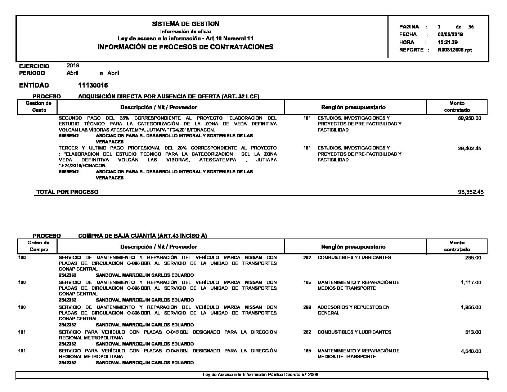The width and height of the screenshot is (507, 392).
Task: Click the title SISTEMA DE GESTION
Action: (x=185, y=24)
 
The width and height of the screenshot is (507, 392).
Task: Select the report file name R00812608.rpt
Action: (x=455, y=50)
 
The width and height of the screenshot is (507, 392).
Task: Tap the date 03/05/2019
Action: (x=450, y=35)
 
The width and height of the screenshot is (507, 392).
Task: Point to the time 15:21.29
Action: (x=448, y=42)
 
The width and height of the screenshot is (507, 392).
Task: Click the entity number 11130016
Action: (x=93, y=85)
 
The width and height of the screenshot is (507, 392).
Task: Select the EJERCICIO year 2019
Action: (x=73, y=66)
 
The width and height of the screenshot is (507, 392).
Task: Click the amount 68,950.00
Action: (x=470, y=118)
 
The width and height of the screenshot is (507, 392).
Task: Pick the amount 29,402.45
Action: (x=470, y=148)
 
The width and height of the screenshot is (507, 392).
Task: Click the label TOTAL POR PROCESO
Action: (x=67, y=192)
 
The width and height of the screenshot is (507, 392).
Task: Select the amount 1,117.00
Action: (x=471, y=283)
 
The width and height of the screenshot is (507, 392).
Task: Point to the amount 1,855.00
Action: (x=471, y=308)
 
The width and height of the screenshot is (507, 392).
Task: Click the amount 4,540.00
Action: (x=471, y=351)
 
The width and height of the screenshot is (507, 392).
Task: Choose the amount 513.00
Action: (x=473, y=333)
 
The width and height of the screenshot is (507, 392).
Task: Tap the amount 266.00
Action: (x=473, y=258)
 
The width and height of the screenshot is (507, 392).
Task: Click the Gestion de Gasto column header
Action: (x=39, y=107)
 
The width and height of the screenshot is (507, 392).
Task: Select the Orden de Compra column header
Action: (x=39, y=246)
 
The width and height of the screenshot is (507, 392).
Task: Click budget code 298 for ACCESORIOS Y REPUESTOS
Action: (x=307, y=307)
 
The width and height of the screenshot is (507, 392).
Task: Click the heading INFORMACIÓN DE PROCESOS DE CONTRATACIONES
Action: (x=185, y=47)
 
